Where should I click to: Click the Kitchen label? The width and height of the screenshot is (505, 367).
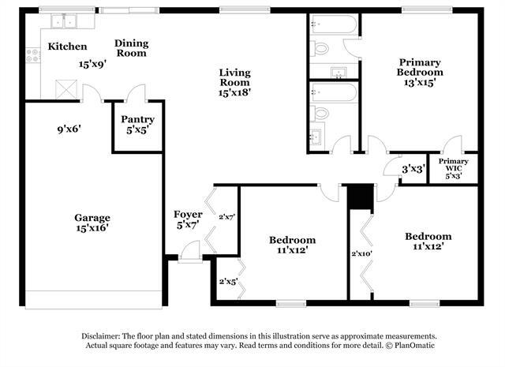67,47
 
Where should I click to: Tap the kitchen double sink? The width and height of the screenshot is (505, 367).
64,21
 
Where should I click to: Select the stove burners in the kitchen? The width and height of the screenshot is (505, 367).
33,55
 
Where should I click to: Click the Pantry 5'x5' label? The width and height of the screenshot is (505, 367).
137,125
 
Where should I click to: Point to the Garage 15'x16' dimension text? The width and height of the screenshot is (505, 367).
92,228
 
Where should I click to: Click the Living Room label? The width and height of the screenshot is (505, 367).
235,77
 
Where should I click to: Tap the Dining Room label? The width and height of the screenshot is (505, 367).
132,48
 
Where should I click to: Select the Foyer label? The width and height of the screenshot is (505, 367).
188,214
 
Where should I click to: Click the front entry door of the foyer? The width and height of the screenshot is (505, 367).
190,251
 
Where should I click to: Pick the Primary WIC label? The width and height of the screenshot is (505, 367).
454,165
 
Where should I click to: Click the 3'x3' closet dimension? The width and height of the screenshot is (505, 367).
413,169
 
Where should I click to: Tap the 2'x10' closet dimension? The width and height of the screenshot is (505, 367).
361,253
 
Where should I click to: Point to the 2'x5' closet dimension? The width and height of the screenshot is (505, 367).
228,282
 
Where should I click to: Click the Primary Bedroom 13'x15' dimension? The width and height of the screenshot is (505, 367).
420,83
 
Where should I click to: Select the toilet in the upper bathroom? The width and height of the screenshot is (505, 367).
319,49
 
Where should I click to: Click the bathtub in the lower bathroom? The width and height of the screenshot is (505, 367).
334,93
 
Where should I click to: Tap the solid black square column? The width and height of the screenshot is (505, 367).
360,197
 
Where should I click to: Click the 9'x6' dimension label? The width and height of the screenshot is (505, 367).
69,129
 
